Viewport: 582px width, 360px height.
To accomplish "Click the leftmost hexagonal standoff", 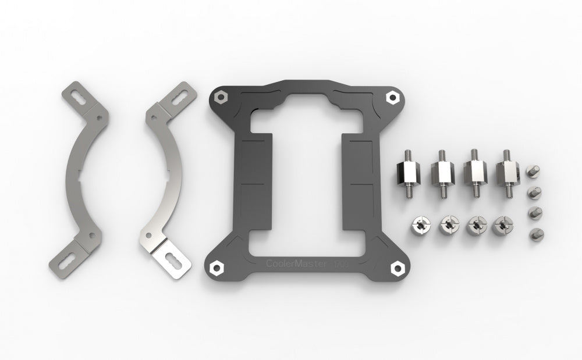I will (407, 172).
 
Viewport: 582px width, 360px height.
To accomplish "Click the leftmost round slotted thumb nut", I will (418, 224).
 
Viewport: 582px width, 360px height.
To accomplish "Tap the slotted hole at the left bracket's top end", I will (75, 96).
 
